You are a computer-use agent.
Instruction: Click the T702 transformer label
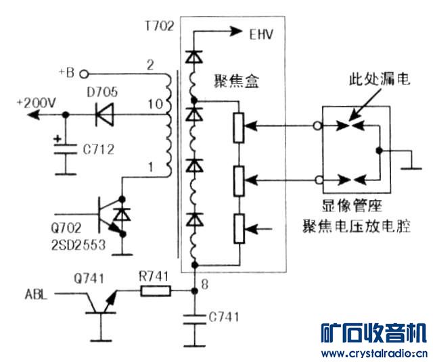159,26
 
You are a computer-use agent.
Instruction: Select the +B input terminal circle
87,74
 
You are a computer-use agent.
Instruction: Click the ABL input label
36,294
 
